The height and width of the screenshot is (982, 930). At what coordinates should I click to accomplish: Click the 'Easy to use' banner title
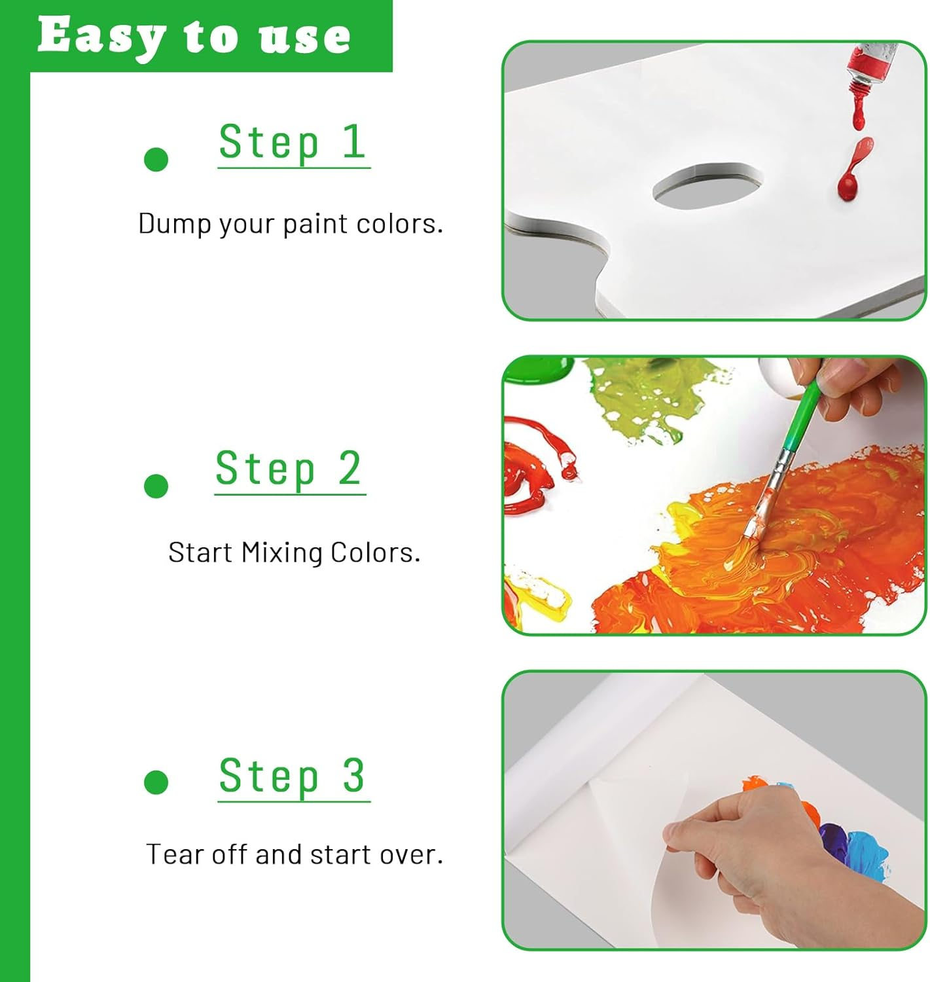194,36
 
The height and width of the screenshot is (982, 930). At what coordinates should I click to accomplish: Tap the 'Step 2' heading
289,469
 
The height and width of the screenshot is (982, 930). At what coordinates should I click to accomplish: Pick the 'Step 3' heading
293,776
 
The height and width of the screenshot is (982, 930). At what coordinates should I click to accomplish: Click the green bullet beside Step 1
156,159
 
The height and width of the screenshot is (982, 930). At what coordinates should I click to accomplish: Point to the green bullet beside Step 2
156,486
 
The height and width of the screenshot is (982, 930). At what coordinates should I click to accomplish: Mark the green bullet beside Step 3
156,782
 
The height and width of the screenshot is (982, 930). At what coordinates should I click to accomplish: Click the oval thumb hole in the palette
707,183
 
